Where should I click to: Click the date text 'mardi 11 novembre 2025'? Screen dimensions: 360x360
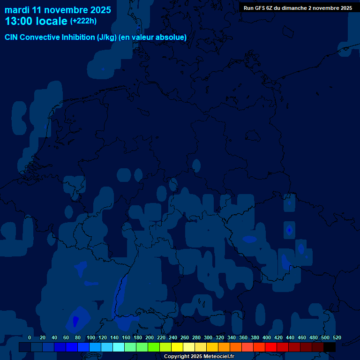pos(58,10)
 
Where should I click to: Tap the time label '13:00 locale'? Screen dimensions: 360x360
pos(36,21)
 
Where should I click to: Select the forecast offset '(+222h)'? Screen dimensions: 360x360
pos(83,21)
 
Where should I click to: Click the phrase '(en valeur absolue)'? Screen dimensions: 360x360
pos(153,37)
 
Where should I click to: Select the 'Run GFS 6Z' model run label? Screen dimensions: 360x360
pos(259,8)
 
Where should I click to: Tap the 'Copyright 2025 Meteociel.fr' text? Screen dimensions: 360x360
pos(199,356)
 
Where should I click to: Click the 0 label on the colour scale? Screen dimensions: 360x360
pos(30,337)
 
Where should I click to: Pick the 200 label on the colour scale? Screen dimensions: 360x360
pos(150,337)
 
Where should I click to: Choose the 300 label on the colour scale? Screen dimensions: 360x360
pos(208,337)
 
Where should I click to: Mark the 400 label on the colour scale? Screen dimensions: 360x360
pos(267,337)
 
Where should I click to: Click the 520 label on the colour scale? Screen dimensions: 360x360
pos(337,337)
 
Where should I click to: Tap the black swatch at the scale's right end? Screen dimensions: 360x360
pos(330,347)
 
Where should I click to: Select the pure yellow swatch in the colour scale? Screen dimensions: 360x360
pos(177,347)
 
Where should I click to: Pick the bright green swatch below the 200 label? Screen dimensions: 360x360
pos(154,347)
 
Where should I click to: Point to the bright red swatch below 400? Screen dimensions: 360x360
pos(271,347)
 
